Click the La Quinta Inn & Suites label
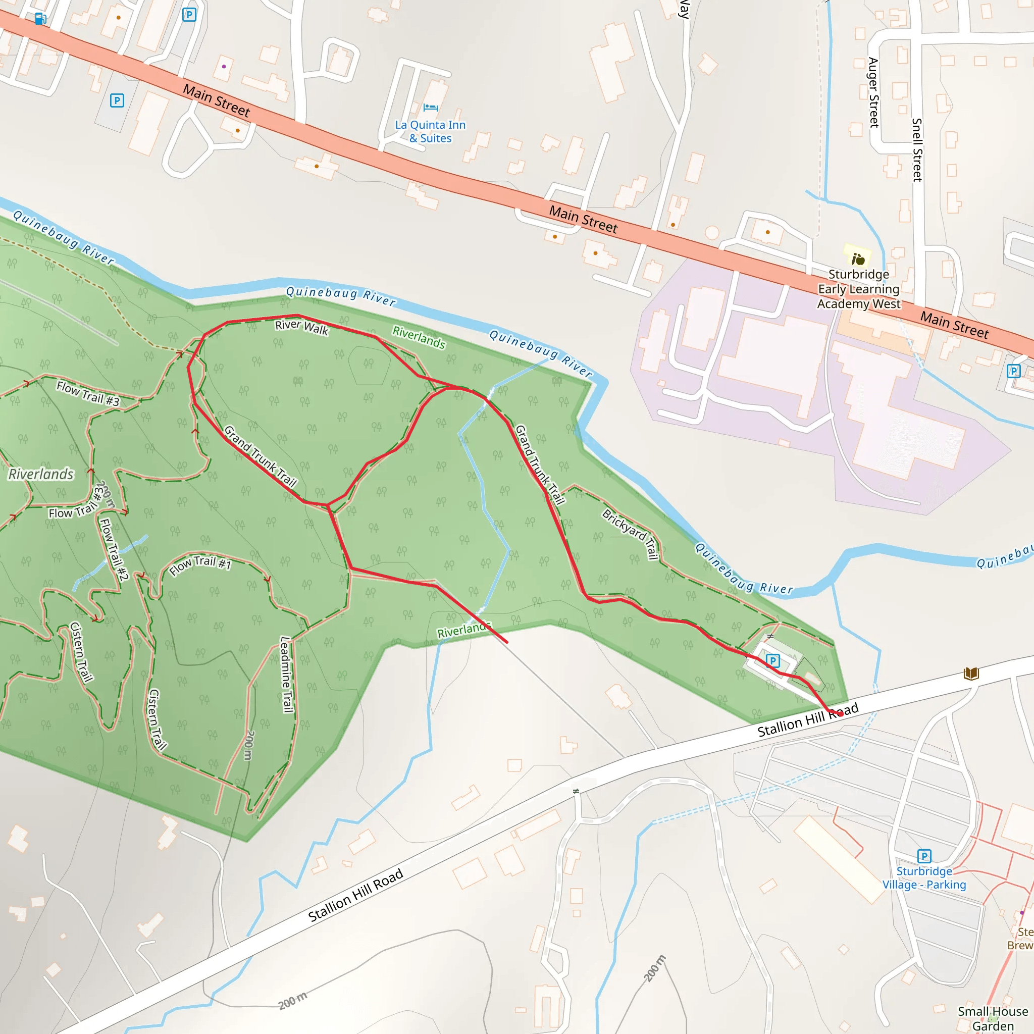pos(430,132)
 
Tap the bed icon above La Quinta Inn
pos(430,108)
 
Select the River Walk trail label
pos(301,327)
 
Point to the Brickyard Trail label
pos(631,534)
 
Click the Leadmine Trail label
pos(287,675)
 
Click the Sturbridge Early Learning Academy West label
pos(859,289)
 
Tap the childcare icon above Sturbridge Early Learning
pos(858,259)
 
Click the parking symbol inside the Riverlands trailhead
pos(772,660)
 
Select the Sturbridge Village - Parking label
pos(924,877)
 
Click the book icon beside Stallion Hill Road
pos(971,674)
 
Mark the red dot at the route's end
pos(840,713)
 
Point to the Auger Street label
pos(873,92)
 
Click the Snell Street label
pos(917,150)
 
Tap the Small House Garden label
pos(993,1018)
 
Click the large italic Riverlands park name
pos(41,474)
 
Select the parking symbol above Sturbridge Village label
pos(924,856)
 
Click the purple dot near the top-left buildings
pos(224,66)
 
